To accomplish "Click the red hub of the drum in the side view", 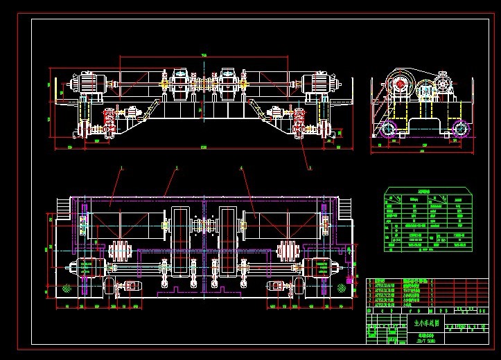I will (400, 84).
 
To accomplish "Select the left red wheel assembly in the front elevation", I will (108, 121).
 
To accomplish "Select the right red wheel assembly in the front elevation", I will (300, 121).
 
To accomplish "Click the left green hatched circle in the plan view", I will (67, 287).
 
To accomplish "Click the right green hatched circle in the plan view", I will (342, 287).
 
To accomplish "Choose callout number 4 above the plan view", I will (241, 168).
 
